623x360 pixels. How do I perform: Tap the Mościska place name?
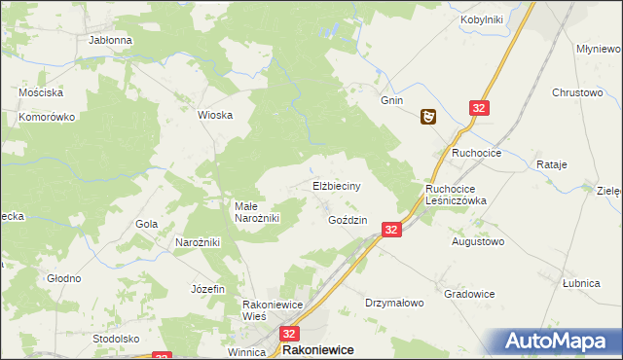click(41, 92)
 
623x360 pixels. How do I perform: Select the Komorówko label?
click(47, 117)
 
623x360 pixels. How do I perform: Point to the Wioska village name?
click(215, 115)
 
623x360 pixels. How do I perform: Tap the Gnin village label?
click(391, 100)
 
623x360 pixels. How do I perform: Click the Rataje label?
click(552, 165)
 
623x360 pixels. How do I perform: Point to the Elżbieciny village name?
click(338, 185)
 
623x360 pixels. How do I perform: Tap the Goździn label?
click(348, 221)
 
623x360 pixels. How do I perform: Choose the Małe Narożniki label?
click(257, 212)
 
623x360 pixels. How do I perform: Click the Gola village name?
click(147, 224)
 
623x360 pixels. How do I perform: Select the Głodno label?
click(64, 278)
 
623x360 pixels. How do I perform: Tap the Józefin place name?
click(208, 289)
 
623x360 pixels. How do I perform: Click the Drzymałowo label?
click(394, 303)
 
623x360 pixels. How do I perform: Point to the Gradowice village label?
click(469, 294)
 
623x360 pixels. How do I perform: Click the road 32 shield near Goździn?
click(390, 230)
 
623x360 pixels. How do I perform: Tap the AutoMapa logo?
click(560, 342)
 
